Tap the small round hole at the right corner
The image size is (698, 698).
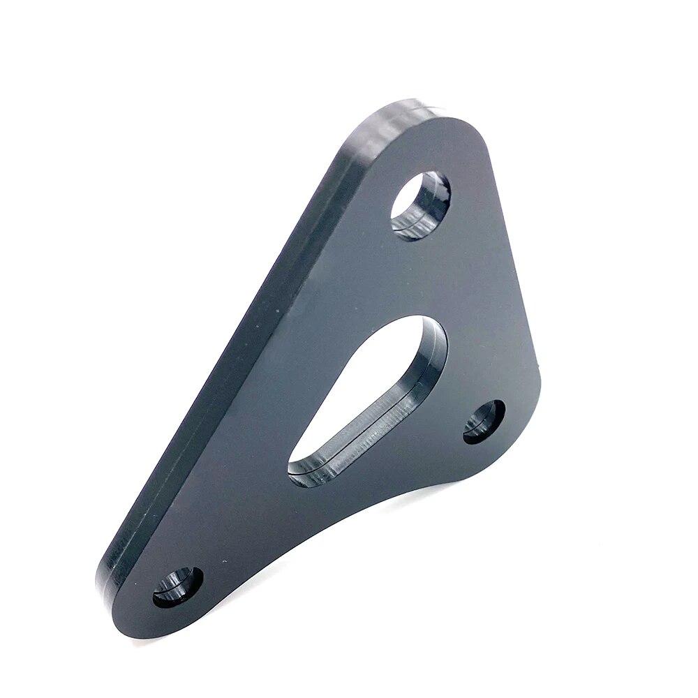click(484, 420)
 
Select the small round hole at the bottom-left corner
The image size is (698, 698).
click(178, 587)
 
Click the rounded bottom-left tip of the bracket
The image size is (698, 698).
click(119, 593)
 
